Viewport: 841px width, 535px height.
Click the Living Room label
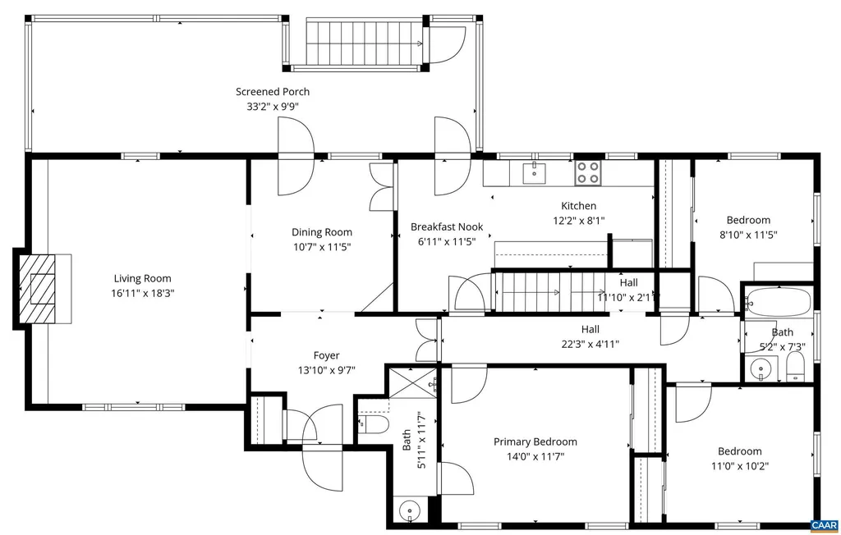click(x=142, y=278)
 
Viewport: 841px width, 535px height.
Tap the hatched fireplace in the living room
click(x=38, y=288)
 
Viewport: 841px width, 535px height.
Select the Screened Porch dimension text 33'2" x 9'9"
click(x=273, y=106)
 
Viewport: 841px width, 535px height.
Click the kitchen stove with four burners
click(x=588, y=173)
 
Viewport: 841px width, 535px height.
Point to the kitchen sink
click(x=535, y=173)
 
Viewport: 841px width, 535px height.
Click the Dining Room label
click(x=322, y=232)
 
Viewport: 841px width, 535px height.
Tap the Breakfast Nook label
click(x=447, y=226)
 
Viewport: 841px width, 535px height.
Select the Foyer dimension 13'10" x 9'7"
click(x=327, y=370)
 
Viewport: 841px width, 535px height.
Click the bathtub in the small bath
click(x=779, y=303)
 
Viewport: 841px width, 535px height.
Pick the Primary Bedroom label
click(x=535, y=441)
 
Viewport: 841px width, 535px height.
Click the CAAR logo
click(x=825, y=526)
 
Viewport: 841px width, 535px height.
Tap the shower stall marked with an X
click(x=414, y=382)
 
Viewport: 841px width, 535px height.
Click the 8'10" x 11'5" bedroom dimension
click(x=748, y=234)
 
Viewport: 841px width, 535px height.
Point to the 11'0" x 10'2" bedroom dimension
click(x=740, y=466)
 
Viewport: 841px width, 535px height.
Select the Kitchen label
click(x=579, y=205)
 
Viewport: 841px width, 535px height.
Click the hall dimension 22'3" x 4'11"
click(x=590, y=344)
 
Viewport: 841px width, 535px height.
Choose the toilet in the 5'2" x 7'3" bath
click(x=795, y=367)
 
